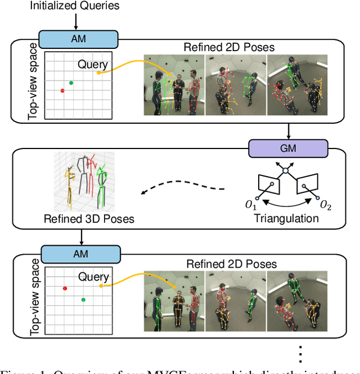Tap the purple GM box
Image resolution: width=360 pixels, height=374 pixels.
288,148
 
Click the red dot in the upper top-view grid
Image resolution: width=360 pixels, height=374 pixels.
62,91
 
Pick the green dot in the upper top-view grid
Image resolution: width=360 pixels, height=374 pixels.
71,83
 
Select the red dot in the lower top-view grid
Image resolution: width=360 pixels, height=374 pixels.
65,288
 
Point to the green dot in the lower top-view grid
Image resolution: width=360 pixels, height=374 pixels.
83,300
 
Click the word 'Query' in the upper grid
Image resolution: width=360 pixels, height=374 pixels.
92,64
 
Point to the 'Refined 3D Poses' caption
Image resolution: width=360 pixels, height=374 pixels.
89,218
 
